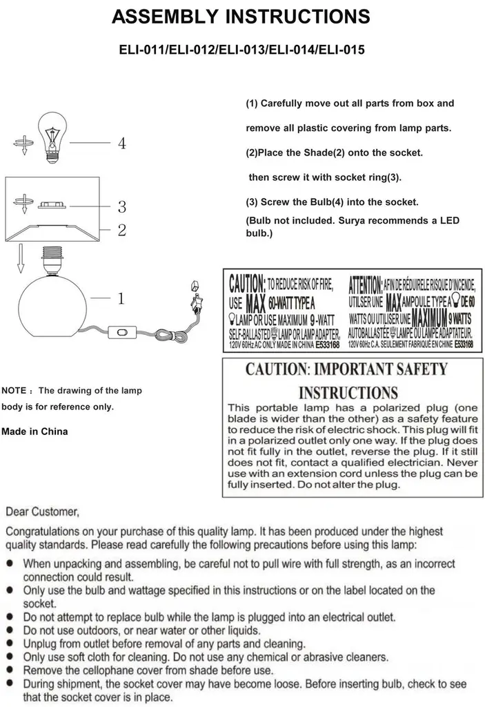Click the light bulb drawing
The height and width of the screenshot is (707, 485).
pyautogui.click(x=53, y=136)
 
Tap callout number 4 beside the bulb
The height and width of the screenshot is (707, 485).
pyautogui.click(x=121, y=144)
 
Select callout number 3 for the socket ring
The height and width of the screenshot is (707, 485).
pyautogui.click(x=121, y=206)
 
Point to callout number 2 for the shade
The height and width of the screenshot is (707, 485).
pyautogui.click(x=121, y=231)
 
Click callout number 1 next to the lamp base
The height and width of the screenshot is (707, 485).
pyautogui.click(x=121, y=299)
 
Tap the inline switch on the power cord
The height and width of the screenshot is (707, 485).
pyautogui.click(x=122, y=334)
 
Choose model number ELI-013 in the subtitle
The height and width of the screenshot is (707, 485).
pyautogui.click(x=241, y=50)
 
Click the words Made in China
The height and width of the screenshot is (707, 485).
pyautogui.click(x=35, y=432)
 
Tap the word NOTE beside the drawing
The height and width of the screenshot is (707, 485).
pyautogui.click(x=14, y=391)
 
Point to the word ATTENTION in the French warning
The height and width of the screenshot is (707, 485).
pyautogui.click(x=365, y=283)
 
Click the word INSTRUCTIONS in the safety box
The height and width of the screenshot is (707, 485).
pyautogui.click(x=348, y=393)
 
